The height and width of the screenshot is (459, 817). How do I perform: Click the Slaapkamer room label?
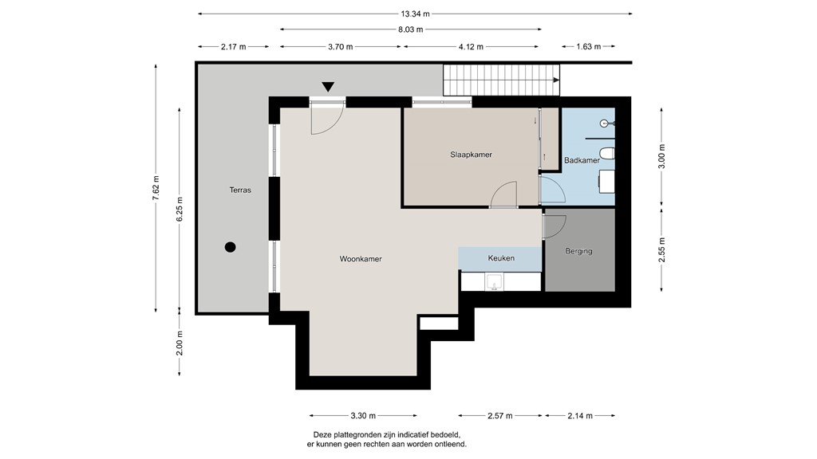pyautogui.click(x=471, y=155)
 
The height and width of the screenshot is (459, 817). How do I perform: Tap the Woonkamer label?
pyautogui.click(x=360, y=259)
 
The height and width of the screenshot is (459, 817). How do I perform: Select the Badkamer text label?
pyautogui.click(x=582, y=160)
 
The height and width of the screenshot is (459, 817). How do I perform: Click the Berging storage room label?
pyautogui.click(x=578, y=251)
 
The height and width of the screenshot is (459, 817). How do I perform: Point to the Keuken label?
pyautogui.click(x=501, y=258)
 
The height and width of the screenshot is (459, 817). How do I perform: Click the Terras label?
pyautogui.click(x=240, y=190)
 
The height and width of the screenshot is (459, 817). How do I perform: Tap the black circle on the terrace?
pyautogui.click(x=230, y=247)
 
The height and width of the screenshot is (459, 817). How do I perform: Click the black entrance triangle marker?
pyautogui.click(x=328, y=87)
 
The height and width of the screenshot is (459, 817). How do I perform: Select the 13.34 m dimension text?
pyautogui.click(x=415, y=13)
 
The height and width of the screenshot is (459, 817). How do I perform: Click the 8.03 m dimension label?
pyautogui.click(x=411, y=29)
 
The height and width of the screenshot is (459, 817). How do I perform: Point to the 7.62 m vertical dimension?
pyautogui.click(x=156, y=189)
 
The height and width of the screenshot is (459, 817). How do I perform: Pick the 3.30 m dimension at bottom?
pyautogui.click(x=362, y=415)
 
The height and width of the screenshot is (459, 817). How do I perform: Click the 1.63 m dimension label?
pyautogui.click(x=588, y=47)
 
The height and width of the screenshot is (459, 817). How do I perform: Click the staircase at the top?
pyautogui.click(x=500, y=80)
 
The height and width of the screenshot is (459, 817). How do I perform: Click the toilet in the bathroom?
pyautogui.click(x=607, y=152)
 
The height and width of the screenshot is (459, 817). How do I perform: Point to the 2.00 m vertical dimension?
pyautogui.click(x=180, y=345)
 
